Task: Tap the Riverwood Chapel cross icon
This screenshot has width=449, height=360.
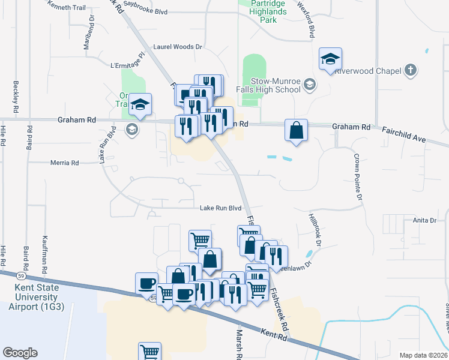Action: [x=411, y=70]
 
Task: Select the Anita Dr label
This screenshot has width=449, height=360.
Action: [x=424, y=220]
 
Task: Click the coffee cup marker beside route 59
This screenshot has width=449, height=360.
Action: [x=147, y=283]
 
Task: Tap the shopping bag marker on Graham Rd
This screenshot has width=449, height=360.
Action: [x=297, y=130]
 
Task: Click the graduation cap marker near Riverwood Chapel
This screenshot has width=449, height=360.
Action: [x=330, y=59]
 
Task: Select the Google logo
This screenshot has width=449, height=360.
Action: [x=20, y=353]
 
